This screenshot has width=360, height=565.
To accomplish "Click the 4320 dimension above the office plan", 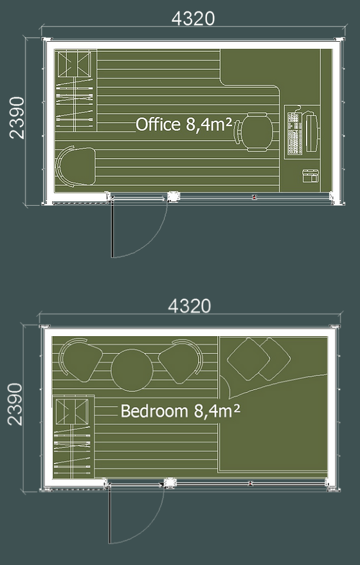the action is tap(193, 19).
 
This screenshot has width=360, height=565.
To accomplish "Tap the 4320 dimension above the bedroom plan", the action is tap(189, 306).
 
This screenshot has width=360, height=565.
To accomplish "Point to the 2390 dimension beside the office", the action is tap(17, 118).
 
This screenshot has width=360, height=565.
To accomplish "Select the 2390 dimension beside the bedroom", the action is tap(15, 404).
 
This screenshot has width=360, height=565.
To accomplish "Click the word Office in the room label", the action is tap(158, 124).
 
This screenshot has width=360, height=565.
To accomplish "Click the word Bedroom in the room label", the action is tap(154, 411).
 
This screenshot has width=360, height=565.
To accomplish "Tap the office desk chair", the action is tap(255, 132).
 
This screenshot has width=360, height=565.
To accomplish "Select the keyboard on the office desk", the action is tap(295, 133).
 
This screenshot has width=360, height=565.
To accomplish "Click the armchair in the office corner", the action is tap(75, 166).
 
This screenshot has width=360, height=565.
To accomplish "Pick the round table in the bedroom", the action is tap(132, 370).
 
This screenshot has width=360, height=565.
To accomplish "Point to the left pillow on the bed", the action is tap(248, 359).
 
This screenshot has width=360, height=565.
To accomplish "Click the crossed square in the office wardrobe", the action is tap(74, 64).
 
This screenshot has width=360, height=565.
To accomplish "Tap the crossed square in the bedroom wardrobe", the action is tap(72, 412).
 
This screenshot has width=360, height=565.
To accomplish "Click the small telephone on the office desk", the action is tap(310, 175).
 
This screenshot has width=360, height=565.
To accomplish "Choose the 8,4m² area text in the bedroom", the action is tap(217, 411).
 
